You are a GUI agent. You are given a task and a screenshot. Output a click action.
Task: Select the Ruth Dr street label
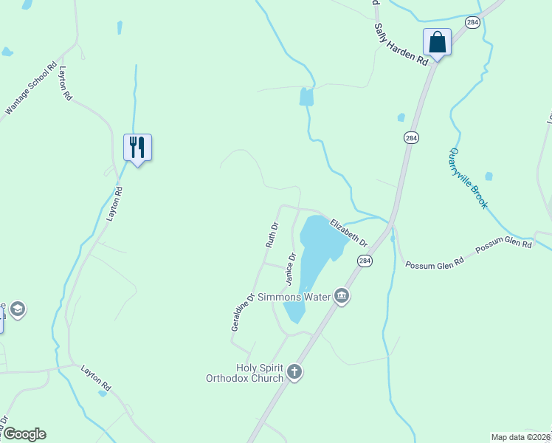click(x=272, y=234)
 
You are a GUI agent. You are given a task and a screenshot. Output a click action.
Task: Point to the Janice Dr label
click(x=290, y=269)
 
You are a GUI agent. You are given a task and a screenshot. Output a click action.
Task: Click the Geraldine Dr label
click(x=242, y=311)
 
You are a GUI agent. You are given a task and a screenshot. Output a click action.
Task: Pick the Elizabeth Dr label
click(x=348, y=232)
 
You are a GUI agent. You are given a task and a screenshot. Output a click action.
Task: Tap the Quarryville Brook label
click(x=467, y=178)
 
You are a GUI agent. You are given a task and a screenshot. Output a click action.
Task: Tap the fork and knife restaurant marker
click(x=137, y=147)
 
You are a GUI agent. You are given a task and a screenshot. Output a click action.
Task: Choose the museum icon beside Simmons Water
click(x=342, y=297)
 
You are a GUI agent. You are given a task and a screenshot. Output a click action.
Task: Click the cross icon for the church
click(x=294, y=371)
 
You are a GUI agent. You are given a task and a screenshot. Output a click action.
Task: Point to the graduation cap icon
click(x=18, y=309)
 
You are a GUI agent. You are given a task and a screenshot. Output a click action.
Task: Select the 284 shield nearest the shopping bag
click(x=472, y=23)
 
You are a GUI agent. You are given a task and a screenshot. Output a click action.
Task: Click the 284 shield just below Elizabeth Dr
click(x=364, y=261)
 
